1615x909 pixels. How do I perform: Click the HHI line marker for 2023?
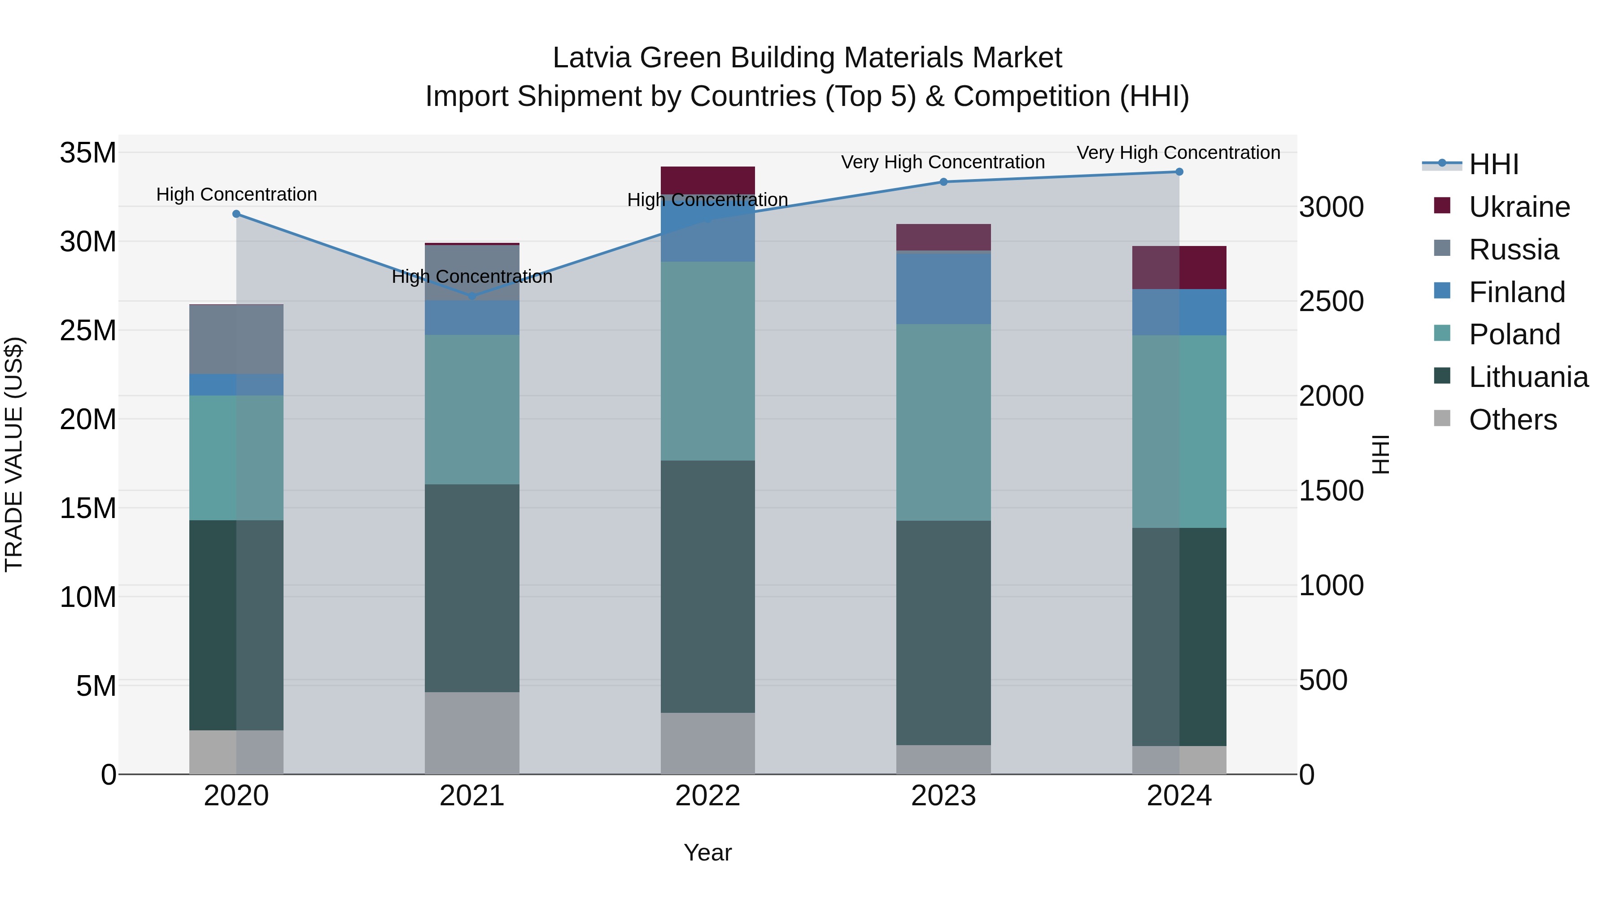pos(943,182)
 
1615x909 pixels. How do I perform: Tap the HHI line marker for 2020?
pos(236,214)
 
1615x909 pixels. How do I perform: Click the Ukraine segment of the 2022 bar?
pos(708,180)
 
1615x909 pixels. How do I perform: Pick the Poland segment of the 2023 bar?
pos(943,422)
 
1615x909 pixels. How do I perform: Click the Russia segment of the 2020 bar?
pos(236,339)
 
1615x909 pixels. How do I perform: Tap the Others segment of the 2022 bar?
pos(708,743)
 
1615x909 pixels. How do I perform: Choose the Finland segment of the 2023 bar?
pos(943,287)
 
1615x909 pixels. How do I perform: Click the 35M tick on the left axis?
pos(88,153)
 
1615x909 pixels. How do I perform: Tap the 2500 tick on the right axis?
pos(1331,302)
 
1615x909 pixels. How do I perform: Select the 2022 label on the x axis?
pos(708,796)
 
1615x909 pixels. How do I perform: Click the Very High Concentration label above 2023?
pos(943,162)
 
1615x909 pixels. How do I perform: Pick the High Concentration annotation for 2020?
pos(236,194)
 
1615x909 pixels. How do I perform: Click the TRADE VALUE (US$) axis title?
pos(14,454)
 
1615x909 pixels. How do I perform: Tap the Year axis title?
pos(708,852)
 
